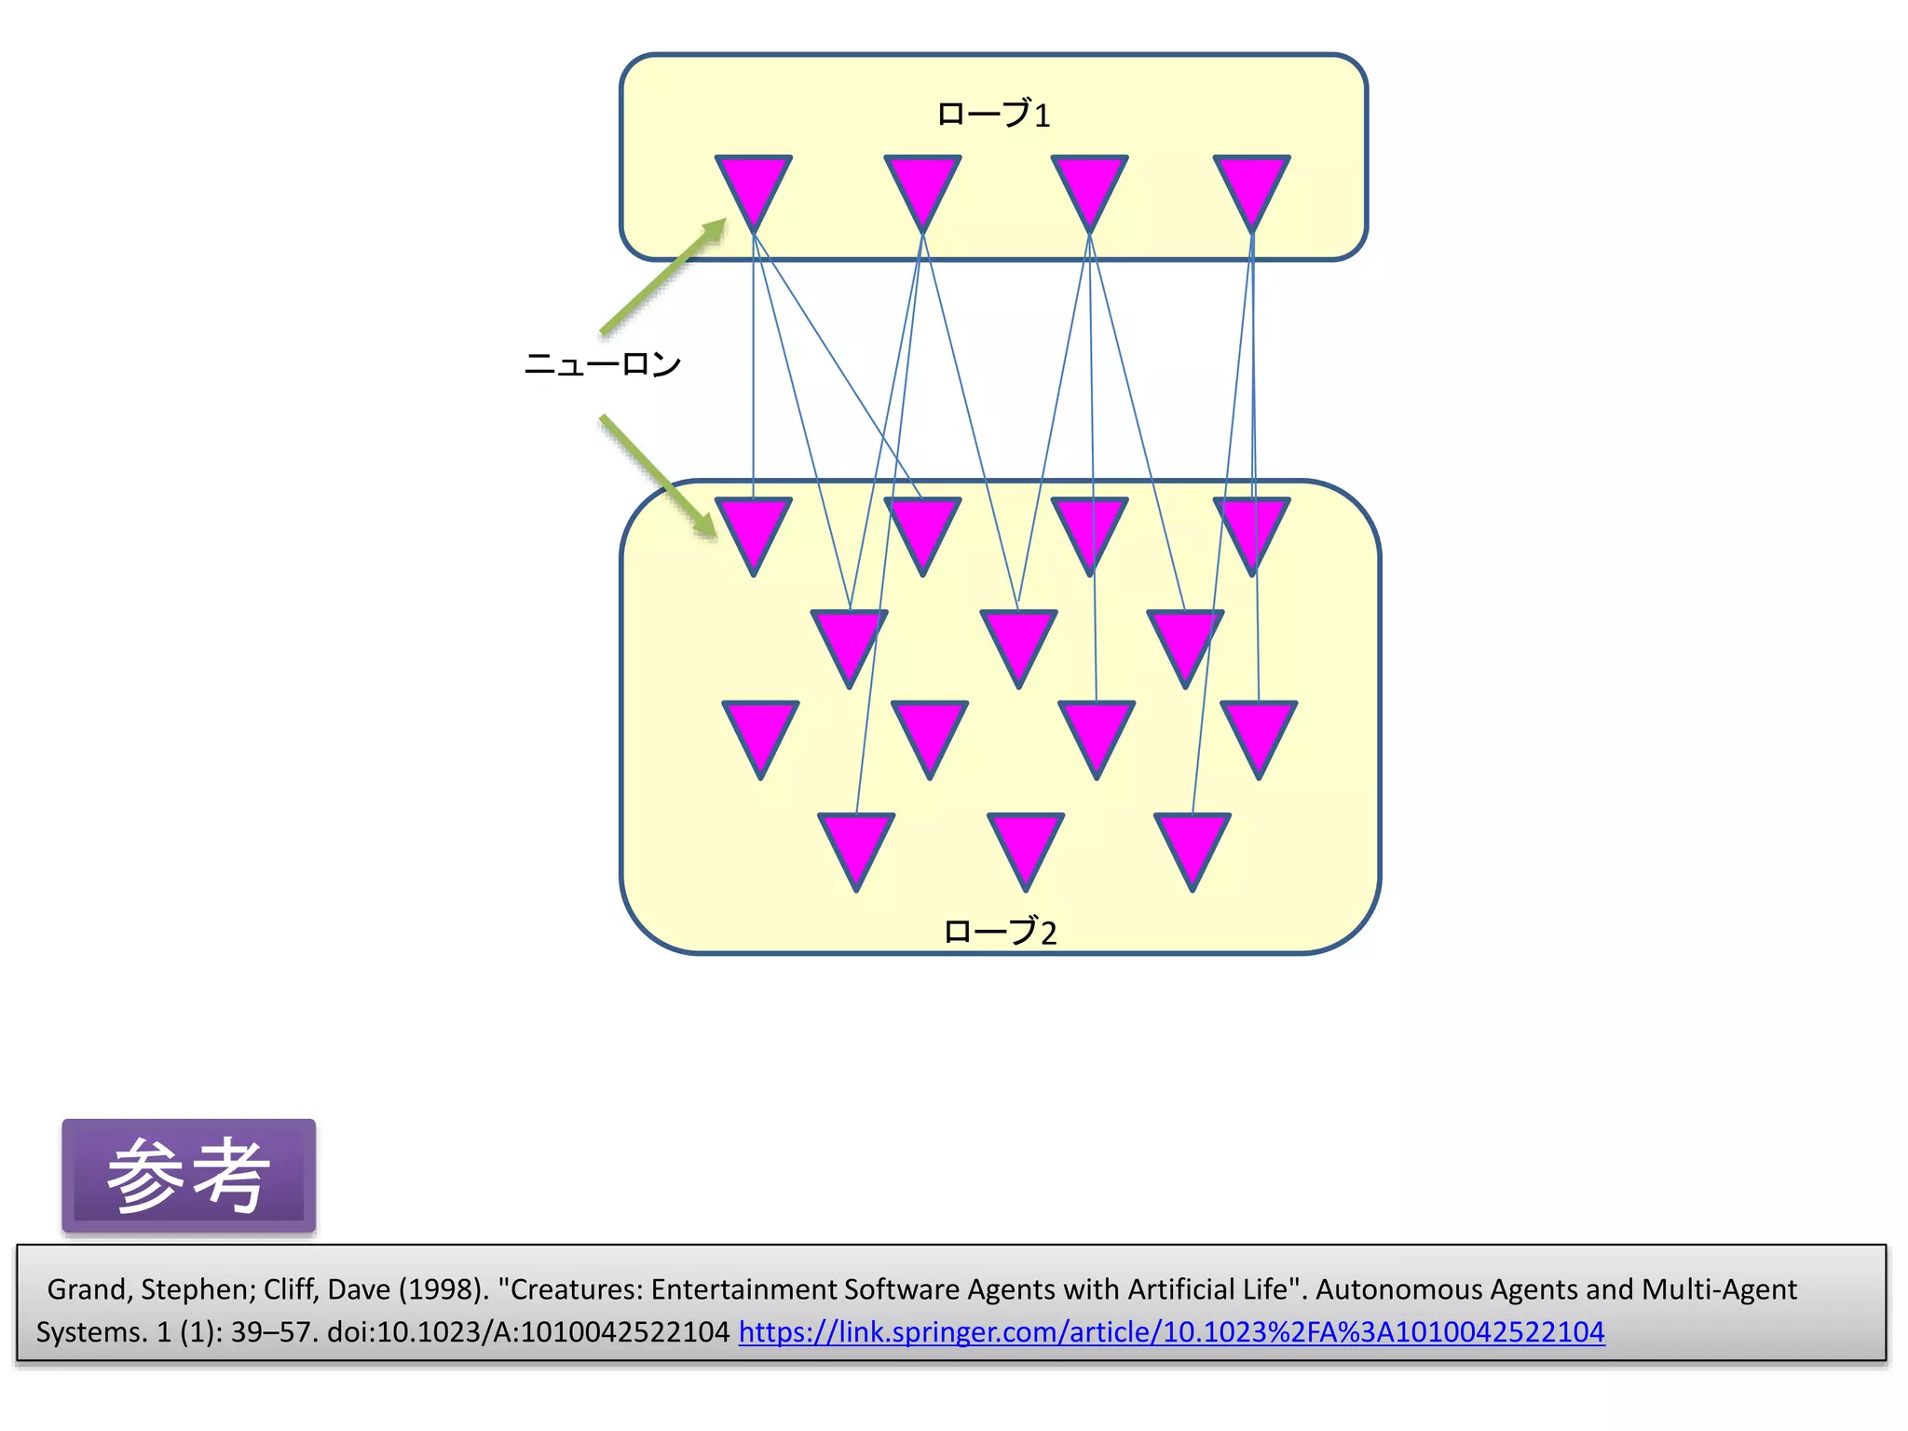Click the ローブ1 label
click(993, 115)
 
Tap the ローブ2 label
click(1000, 932)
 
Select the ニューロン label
click(603, 363)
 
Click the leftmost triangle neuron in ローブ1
click(754, 186)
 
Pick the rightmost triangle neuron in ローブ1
click(1251, 186)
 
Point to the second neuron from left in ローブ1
click(922, 186)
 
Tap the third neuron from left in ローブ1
click(1089, 186)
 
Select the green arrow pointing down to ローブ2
click(659, 476)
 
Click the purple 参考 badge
click(189, 1176)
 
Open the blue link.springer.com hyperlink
click(1171, 1332)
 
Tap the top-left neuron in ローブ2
click(754, 529)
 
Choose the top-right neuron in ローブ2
click(1251, 529)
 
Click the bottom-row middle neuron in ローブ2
click(1025, 844)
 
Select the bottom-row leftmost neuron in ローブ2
click(856, 844)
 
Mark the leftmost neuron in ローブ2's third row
click(760, 732)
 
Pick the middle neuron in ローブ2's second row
click(1018, 641)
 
